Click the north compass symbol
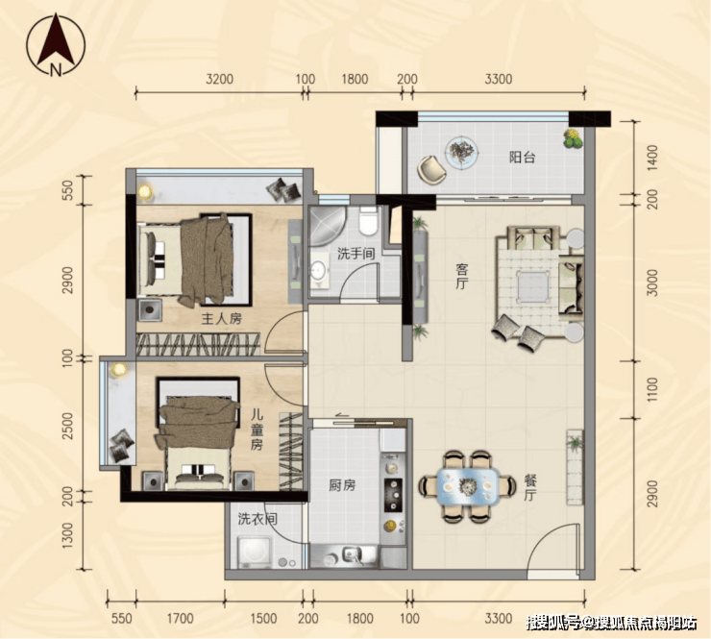pyautogui.click(x=56, y=44)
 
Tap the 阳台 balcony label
pyautogui.click(x=522, y=158)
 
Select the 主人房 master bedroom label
pyautogui.click(x=222, y=319)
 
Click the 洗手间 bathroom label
pyautogui.click(x=356, y=254)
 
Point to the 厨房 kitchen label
pyautogui.click(x=342, y=485)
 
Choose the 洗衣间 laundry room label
pyautogui.click(x=257, y=518)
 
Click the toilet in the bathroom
pyautogui.click(x=368, y=221)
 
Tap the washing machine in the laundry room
pyautogui.click(x=255, y=552)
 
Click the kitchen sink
pyautogui.click(x=352, y=555)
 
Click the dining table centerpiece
pyautogui.click(x=467, y=486)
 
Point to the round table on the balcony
pyautogui.click(x=461, y=154)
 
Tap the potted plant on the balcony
pyautogui.click(x=573, y=138)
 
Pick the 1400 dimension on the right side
pyautogui.click(x=652, y=158)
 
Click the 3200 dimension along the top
pyautogui.click(x=219, y=79)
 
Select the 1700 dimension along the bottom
pyautogui.click(x=180, y=619)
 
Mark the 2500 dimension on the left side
pyautogui.click(x=67, y=426)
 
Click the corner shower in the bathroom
pyautogui.click(x=327, y=226)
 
